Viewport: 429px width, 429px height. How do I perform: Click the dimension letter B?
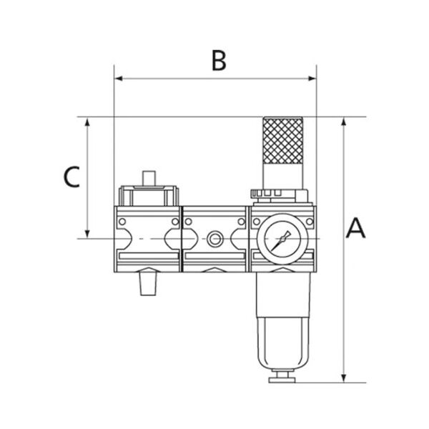click(219, 60)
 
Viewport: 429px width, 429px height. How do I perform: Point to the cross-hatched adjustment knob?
click(283, 140)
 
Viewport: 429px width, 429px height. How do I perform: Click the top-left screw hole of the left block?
click(121, 222)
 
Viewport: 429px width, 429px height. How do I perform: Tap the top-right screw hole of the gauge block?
click(309, 222)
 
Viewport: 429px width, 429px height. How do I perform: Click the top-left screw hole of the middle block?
click(188, 222)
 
